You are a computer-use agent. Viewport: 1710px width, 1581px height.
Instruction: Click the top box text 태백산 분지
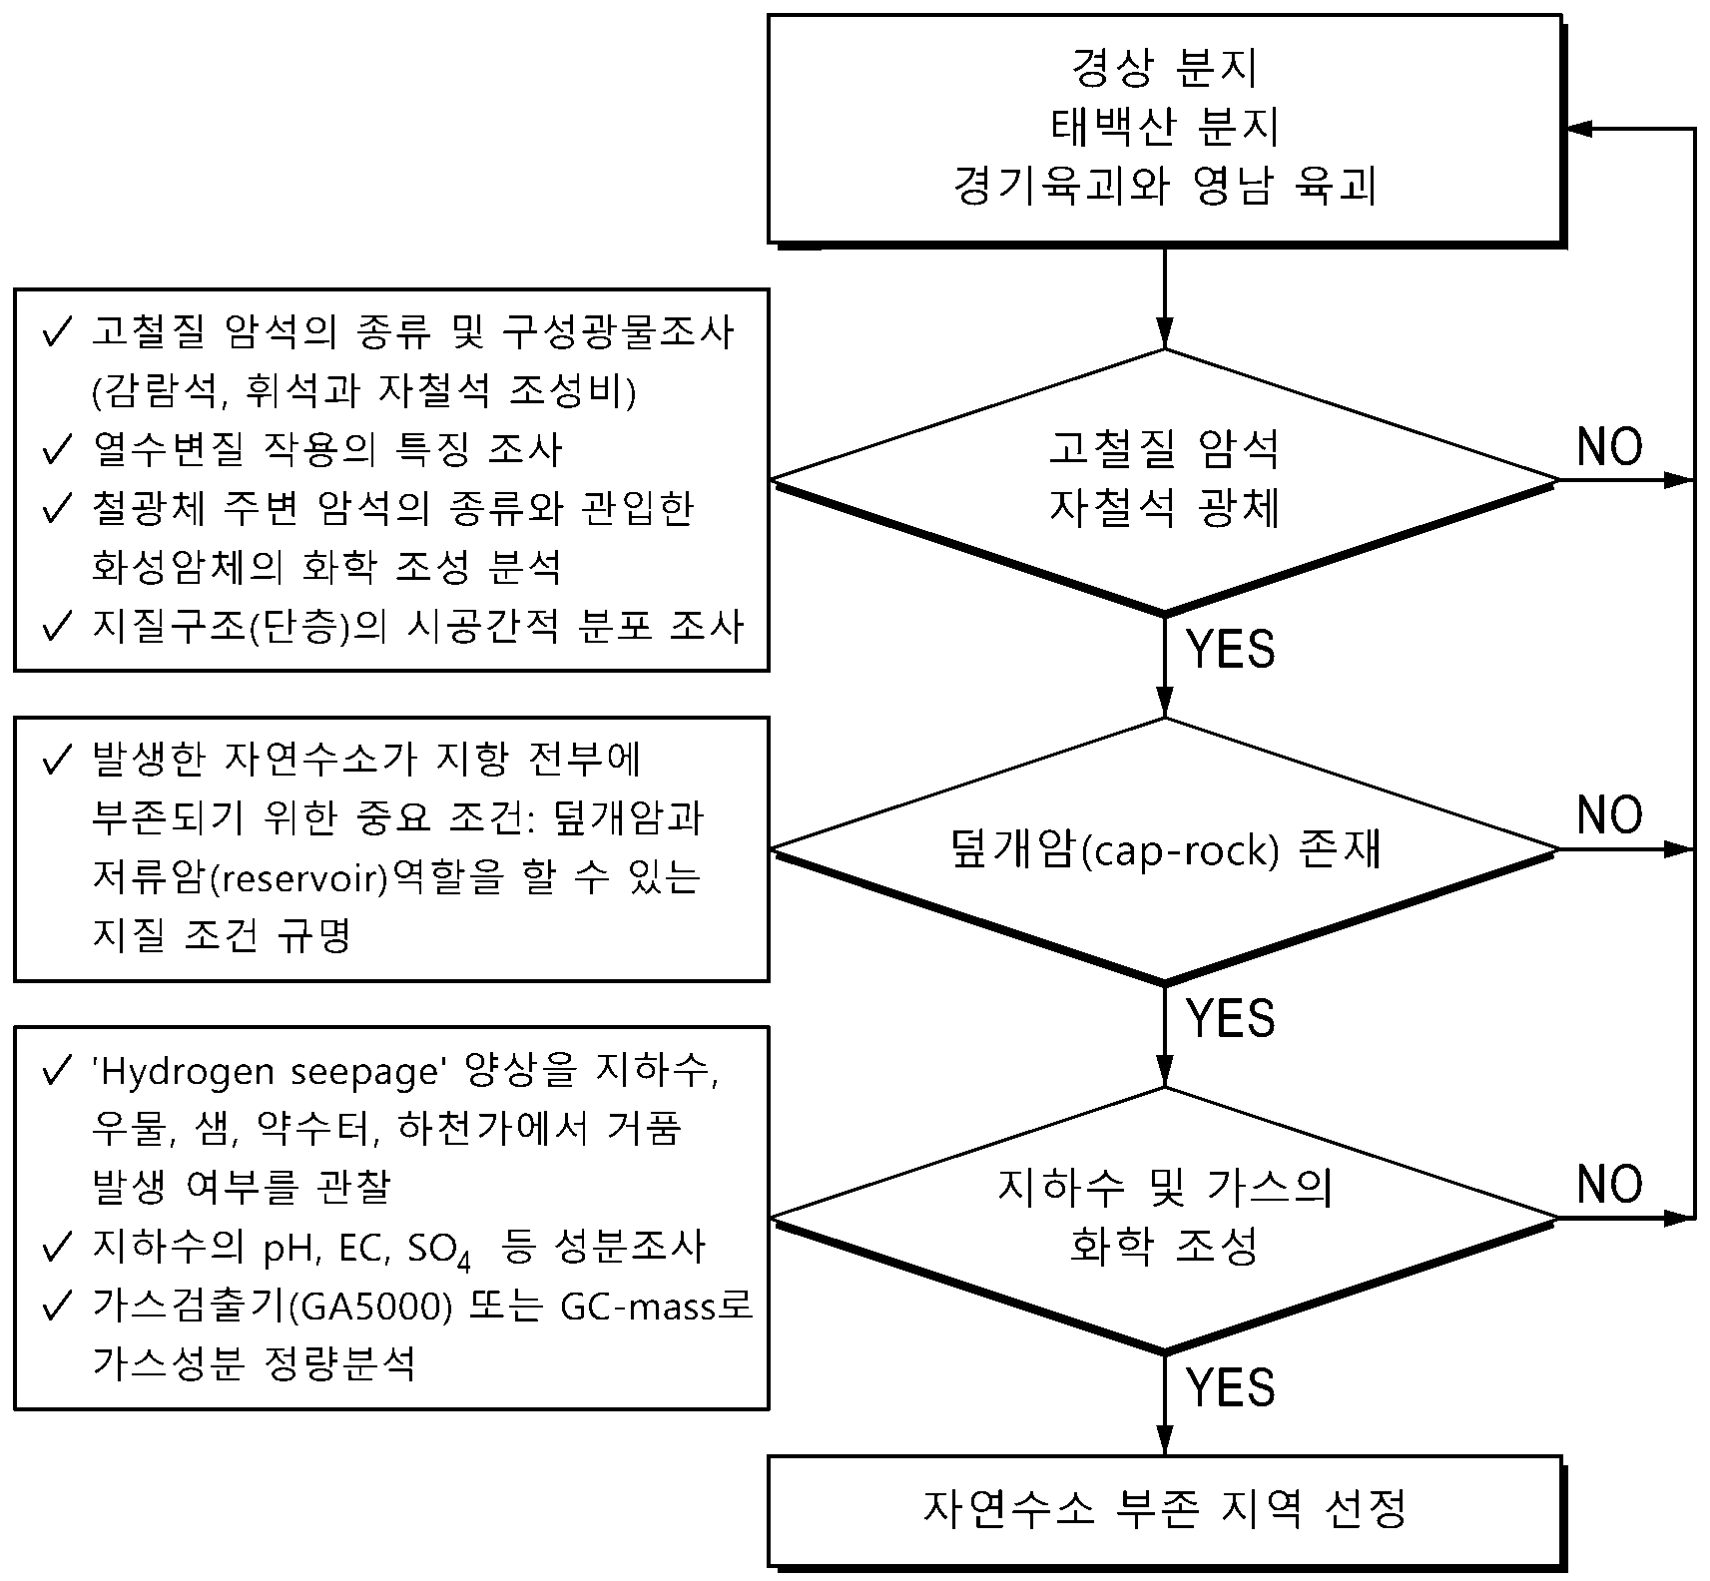pyautogui.click(x=1164, y=127)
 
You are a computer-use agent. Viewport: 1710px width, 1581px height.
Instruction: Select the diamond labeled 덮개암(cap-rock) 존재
pyautogui.click(x=1164, y=850)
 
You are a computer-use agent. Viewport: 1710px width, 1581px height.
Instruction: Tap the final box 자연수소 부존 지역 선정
pyautogui.click(x=1164, y=1509)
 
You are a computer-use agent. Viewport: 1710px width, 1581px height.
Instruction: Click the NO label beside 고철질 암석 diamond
pyautogui.click(x=1609, y=446)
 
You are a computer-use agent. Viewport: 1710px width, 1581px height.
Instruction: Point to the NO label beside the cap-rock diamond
pyautogui.click(x=1609, y=815)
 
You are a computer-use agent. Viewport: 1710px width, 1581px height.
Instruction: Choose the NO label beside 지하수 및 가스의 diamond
pyautogui.click(x=1609, y=1184)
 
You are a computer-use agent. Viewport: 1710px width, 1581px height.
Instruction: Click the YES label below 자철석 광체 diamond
pyautogui.click(x=1231, y=650)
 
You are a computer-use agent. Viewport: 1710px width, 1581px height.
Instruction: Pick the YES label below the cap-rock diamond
pyautogui.click(x=1231, y=1018)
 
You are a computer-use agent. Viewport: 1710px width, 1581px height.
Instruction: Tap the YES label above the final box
pyautogui.click(x=1231, y=1387)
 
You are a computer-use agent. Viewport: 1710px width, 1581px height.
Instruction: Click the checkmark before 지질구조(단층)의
pyautogui.click(x=57, y=626)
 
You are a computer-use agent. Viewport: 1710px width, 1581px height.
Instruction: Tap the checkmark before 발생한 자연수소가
pyautogui.click(x=57, y=761)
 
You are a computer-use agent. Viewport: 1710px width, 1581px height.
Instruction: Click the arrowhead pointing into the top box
pyautogui.click(x=1581, y=129)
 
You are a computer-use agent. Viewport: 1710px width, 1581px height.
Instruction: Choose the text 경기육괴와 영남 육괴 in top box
pyautogui.click(x=1164, y=187)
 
